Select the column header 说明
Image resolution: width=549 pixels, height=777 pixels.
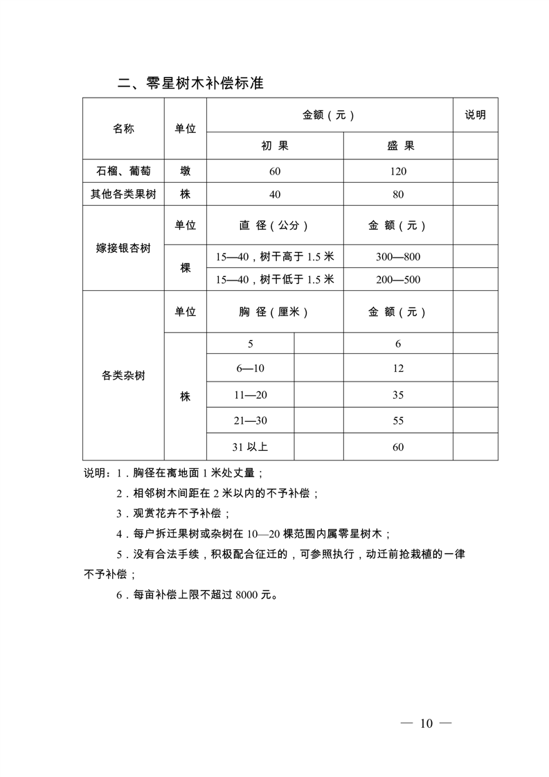[x=475, y=115]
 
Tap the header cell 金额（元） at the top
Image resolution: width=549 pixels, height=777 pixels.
[x=329, y=115]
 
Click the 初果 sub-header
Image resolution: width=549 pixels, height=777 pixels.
[x=275, y=146]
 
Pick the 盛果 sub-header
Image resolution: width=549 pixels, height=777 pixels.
[x=398, y=146]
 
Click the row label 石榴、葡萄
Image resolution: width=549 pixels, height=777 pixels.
[x=123, y=171]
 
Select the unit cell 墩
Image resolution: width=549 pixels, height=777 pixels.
[x=185, y=171]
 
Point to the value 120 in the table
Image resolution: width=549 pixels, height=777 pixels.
[x=398, y=171]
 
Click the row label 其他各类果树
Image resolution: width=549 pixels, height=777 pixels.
[x=123, y=195]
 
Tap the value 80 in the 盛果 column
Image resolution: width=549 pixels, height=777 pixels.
[x=398, y=195]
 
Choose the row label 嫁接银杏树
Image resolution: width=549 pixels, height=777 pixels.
[x=123, y=248]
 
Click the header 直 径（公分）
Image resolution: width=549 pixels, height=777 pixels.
[x=275, y=225]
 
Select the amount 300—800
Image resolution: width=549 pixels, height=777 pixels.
[x=398, y=257]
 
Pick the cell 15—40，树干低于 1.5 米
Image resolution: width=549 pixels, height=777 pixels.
[x=275, y=280]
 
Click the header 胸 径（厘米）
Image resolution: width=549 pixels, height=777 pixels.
[x=275, y=312]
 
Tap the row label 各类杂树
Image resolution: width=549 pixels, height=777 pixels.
[x=123, y=376]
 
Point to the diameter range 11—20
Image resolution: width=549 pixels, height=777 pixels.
[x=250, y=395]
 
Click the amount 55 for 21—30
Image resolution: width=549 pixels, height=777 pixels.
[x=398, y=420]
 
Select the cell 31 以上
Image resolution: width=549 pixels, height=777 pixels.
[x=250, y=447]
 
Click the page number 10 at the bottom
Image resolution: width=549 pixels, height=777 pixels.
[x=426, y=724]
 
